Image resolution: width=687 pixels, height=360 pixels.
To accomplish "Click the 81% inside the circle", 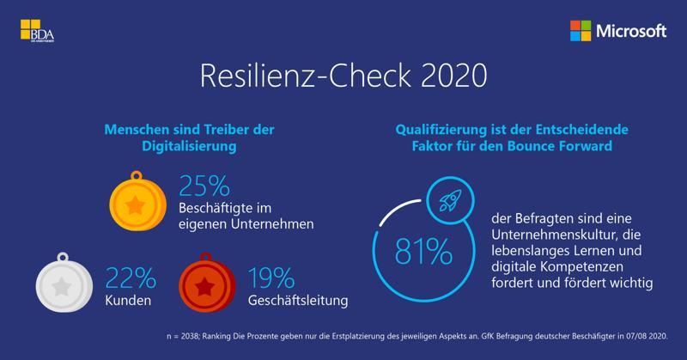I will click(x=423, y=252).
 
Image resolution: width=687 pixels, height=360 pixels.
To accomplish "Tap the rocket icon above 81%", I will click(x=447, y=202).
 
